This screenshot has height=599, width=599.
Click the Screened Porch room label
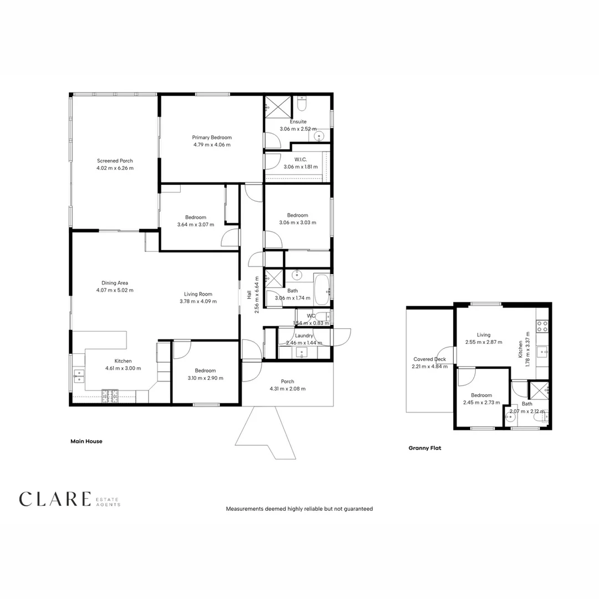click(115, 161)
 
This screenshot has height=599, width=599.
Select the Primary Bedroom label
click(212, 138)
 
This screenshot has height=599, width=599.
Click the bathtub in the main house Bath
click(321, 288)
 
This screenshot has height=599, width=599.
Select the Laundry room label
click(304, 336)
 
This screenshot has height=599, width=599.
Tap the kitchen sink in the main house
click(78, 377)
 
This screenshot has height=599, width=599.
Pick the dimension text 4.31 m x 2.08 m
click(287, 389)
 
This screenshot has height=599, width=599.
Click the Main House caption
click(87, 441)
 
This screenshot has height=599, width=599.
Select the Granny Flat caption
click(424, 448)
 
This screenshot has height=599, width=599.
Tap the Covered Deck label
click(429, 359)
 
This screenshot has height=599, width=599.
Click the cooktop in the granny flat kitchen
click(542, 326)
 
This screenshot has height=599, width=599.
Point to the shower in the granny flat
click(539, 390)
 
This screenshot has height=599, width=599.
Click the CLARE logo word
click(54, 499)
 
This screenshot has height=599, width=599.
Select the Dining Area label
click(115, 283)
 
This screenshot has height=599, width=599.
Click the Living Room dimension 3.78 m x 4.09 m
click(198, 302)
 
